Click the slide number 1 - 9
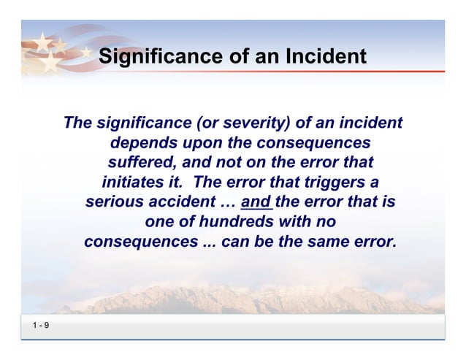(x=40, y=325)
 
